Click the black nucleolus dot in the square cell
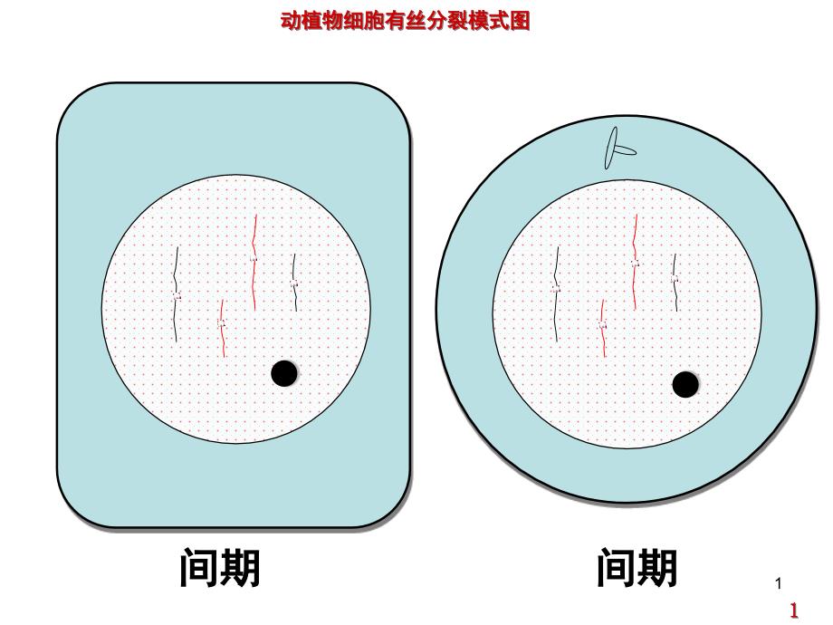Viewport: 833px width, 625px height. click(x=284, y=373)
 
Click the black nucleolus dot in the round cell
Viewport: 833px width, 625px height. click(x=685, y=384)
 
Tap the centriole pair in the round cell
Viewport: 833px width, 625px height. click(x=618, y=149)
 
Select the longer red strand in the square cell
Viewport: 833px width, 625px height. click(x=254, y=262)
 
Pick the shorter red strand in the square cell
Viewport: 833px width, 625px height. click(x=223, y=327)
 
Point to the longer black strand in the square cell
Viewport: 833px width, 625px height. click(x=177, y=293)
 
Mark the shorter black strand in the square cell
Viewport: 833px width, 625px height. click(x=294, y=283)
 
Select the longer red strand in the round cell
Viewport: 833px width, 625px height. click(x=635, y=262)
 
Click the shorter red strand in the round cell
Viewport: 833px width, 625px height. click(x=603, y=328)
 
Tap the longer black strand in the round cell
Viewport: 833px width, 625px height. click(x=556, y=293)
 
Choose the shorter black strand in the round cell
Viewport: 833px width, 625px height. click(x=675, y=283)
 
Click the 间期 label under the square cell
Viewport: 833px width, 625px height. click(x=220, y=568)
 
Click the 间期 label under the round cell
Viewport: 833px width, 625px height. click(x=637, y=568)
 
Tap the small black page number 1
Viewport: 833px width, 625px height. click(x=779, y=583)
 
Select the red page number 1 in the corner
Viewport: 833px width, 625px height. click(x=794, y=610)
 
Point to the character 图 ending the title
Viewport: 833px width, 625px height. click(x=520, y=21)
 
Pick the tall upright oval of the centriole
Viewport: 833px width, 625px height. click(x=611, y=148)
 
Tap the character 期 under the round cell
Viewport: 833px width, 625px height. click(x=657, y=568)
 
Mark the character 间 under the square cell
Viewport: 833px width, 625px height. click(x=199, y=568)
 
